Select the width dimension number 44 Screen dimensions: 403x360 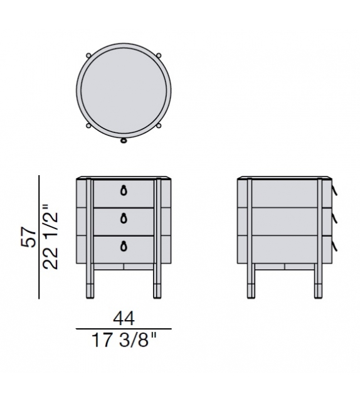[x=123, y=319]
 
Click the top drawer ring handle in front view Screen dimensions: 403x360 [x=124, y=190]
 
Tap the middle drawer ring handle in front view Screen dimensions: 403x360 [x=124, y=218]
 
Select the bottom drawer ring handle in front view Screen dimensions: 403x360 [x=124, y=245]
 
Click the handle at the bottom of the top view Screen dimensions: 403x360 [x=124, y=140]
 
